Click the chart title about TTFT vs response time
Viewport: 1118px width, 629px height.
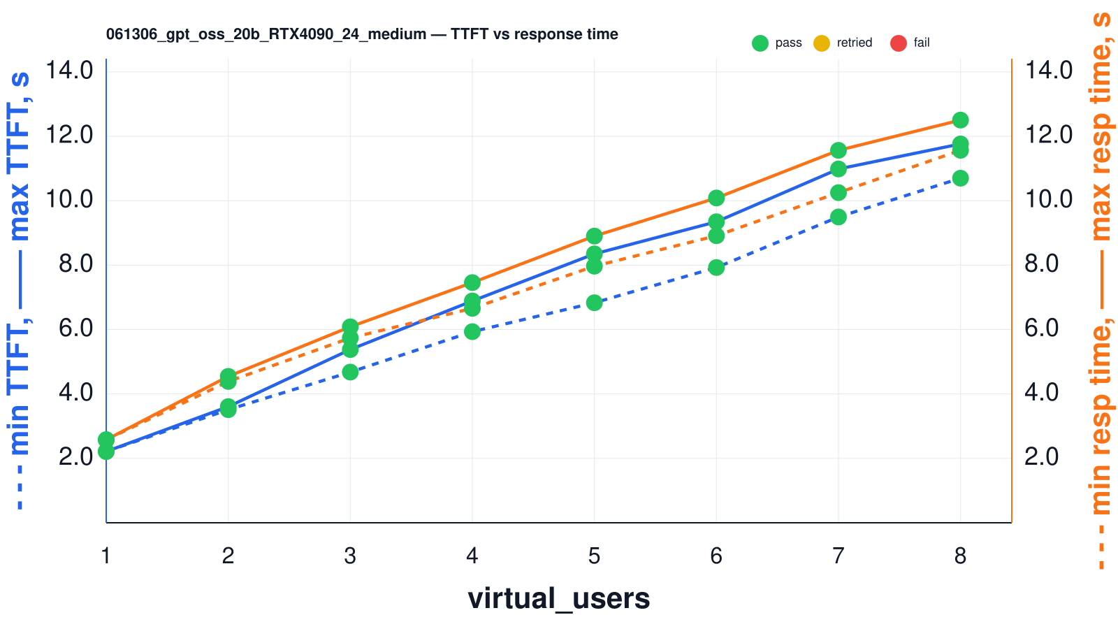(x=362, y=34)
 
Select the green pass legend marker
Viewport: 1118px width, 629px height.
(x=760, y=43)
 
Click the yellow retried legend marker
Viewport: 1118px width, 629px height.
(x=822, y=43)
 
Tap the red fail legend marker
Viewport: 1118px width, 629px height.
(x=899, y=43)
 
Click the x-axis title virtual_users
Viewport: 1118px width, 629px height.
(x=558, y=598)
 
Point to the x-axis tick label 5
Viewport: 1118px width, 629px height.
(x=594, y=556)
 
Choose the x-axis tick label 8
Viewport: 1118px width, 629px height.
(x=960, y=556)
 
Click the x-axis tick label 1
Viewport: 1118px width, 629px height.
(x=106, y=556)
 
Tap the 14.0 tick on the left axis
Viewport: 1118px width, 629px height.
(x=69, y=71)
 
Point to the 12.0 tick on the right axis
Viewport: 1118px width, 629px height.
(x=1048, y=135)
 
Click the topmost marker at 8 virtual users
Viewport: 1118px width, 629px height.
(x=960, y=120)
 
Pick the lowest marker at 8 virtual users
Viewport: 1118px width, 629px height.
(x=960, y=178)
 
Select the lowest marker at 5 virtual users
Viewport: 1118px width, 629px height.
(x=594, y=303)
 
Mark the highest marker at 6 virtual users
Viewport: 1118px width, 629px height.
(x=716, y=198)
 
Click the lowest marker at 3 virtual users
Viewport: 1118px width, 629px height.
(x=350, y=372)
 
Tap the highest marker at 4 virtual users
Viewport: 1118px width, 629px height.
(x=472, y=282)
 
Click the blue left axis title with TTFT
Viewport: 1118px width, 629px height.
(x=19, y=290)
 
